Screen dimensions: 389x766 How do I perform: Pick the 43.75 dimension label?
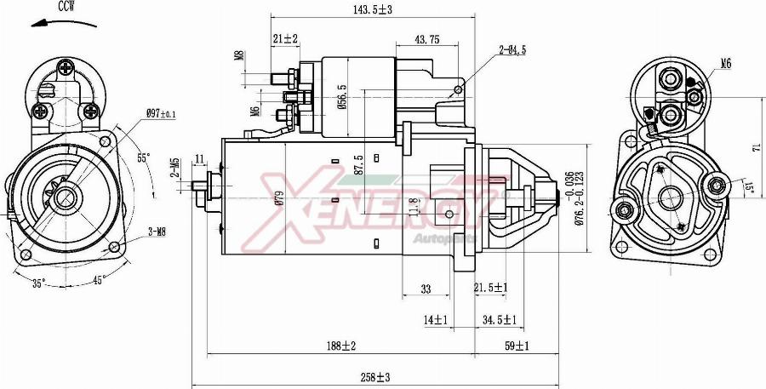click(x=426, y=39)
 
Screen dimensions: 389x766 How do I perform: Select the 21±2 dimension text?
click(x=286, y=39)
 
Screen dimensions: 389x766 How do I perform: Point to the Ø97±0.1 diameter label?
click(x=160, y=113)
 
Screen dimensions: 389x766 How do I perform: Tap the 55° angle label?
click(x=143, y=157)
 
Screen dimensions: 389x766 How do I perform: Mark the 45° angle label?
click(x=100, y=281)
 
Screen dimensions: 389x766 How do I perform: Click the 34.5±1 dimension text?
click(x=500, y=319)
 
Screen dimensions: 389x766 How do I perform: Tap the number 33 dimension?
click(x=426, y=289)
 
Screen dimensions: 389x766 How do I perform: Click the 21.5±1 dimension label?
click(x=490, y=289)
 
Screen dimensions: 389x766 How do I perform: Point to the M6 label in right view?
click(x=725, y=63)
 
